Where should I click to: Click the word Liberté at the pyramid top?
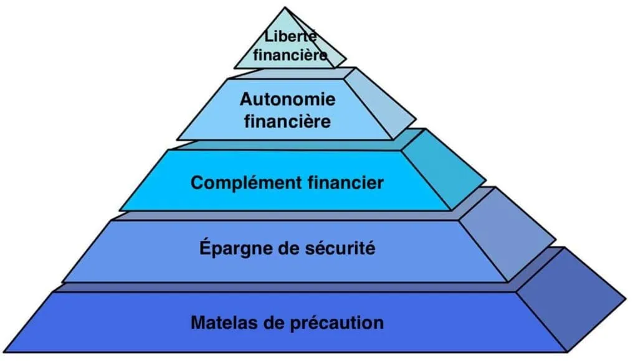click(x=290, y=36)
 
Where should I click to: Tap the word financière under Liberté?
click(x=290, y=55)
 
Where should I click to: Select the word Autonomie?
click(x=288, y=99)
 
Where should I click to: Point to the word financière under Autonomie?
click(x=288, y=121)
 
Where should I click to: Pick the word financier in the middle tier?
click(x=346, y=182)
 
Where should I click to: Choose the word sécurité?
click(x=340, y=248)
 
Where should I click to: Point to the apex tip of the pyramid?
click(x=285, y=7)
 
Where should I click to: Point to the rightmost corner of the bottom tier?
click(x=626, y=300)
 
